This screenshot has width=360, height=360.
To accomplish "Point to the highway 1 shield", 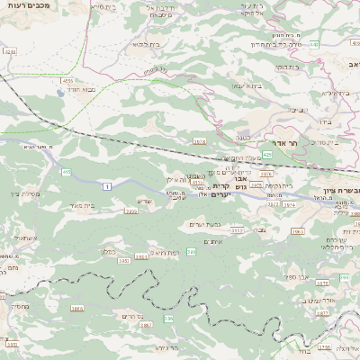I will (x=106, y=185).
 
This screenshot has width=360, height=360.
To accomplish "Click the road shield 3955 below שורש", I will (x=130, y=211).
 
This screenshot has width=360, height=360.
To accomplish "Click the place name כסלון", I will (x=105, y=253).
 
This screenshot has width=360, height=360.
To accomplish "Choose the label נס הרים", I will (x=130, y=316).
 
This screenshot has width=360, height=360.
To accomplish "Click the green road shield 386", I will (x=167, y=319).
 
